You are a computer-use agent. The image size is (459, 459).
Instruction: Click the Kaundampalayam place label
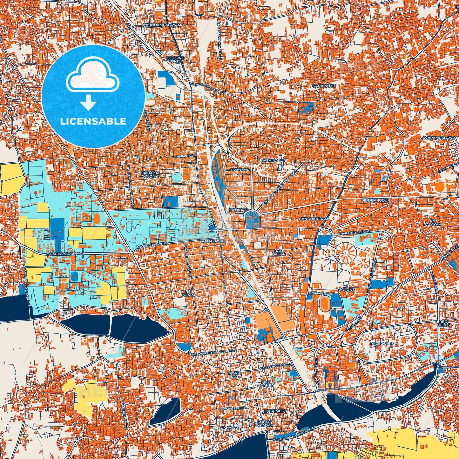162,24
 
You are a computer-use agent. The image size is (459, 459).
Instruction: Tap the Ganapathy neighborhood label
324,86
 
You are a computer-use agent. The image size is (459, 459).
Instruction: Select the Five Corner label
266,384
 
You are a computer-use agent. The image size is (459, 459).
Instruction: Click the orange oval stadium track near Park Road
325,304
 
